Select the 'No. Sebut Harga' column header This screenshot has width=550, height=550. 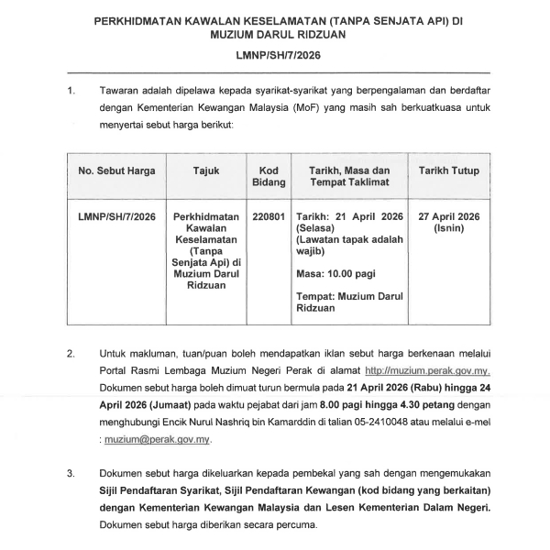[x=116, y=171]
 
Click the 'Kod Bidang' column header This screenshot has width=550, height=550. [x=269, y=178]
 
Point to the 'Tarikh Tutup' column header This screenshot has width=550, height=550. [x=448, y=171]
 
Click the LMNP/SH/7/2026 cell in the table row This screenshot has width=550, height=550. [x=116, y=217]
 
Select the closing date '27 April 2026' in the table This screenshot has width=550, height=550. [x=448, y=217]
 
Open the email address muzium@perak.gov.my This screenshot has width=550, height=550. [x=157, y=440]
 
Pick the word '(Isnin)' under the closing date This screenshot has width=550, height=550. [x=448, y=229]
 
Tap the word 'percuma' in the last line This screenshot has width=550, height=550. [x=295, y=526]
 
